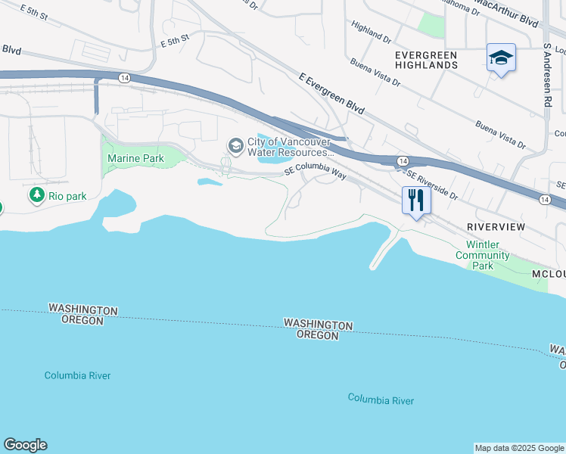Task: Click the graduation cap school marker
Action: (501, 58)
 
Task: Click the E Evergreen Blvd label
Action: (331, 95)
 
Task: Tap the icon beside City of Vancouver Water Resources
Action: (235, 145)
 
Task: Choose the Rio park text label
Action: (67, 196)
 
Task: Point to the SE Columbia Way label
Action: (315, 170)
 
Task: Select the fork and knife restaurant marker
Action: (415, 201)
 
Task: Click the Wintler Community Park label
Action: (482, 256)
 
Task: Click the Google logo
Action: (25, 445)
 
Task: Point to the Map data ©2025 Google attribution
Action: (519, 448)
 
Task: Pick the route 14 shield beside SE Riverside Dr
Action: (403, 161)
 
